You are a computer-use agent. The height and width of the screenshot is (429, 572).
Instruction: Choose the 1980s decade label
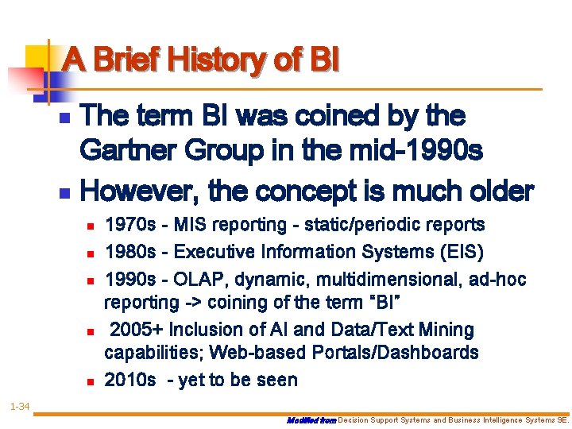tap(130, 253)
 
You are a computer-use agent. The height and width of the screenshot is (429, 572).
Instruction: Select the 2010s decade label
tap(130, 381)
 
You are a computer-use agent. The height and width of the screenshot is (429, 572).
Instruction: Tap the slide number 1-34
tap(20, 408)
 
